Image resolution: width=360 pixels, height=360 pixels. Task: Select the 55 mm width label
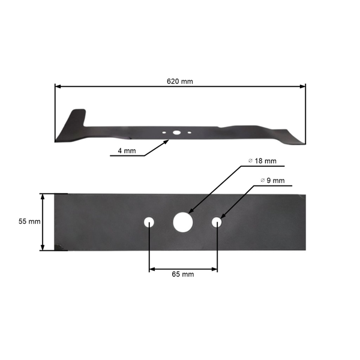pos(29,221)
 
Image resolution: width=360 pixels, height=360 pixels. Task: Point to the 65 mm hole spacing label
pos(183,274)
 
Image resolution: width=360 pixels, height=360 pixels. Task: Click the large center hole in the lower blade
pos(182,222)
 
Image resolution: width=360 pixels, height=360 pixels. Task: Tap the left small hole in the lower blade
pos(149,222)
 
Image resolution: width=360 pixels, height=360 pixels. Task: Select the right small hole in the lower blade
pos(217,222)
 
